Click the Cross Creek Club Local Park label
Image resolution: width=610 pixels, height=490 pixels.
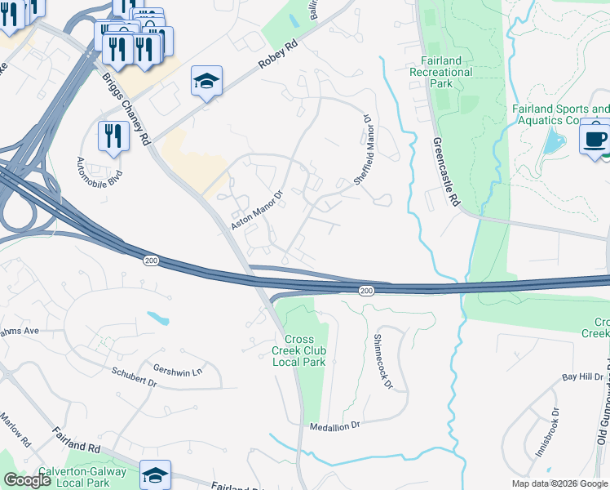(x=304, y=350)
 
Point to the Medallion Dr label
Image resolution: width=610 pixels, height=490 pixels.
(x=334, y=426)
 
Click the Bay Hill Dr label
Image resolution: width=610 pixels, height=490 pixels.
(x=582, y=377)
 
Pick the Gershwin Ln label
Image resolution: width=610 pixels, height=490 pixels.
(x=177, y=369)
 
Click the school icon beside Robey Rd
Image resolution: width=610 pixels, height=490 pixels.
(x=206, y=81)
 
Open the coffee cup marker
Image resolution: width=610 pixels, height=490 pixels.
(x=595, y=135)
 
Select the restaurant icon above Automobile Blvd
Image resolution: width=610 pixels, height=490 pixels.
(x=113, y=135)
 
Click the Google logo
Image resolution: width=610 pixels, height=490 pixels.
(x=27, y=480)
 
